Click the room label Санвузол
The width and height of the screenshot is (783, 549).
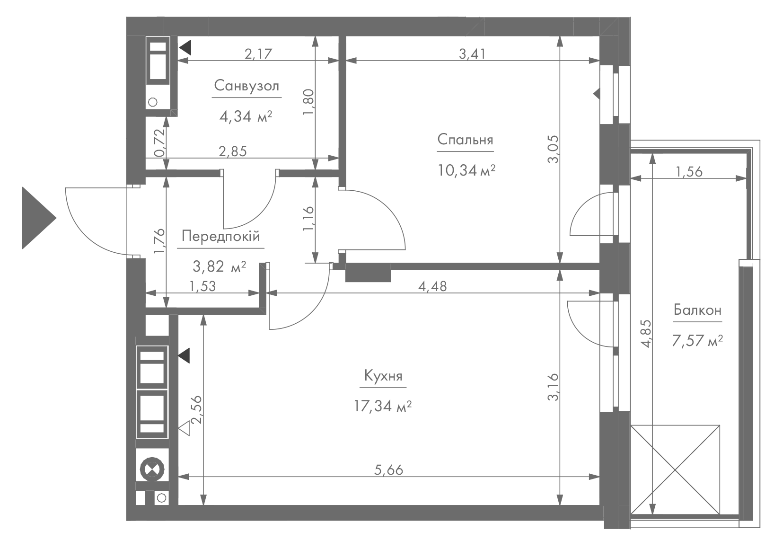[246, 86]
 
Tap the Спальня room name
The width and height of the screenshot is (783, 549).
[465, 140]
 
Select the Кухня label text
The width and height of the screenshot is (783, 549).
[383, 376]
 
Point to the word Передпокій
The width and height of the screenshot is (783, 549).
[221, 236]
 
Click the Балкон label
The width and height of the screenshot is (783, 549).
[698, 310]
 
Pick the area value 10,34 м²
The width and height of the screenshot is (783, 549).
[466, 170]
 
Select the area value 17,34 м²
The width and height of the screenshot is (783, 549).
[383, 407]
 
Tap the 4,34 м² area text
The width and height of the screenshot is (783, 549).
[246, 116]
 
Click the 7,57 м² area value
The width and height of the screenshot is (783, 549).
[697, 341]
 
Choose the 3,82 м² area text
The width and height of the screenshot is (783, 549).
[220, 267]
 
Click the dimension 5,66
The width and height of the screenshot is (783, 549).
[389, 470]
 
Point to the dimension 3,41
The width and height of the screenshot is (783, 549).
[473, 54]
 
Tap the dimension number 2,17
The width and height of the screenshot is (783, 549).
[258, 54]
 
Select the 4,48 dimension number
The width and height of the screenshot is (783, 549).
[432, 286]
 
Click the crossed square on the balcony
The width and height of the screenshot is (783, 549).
[675, 469]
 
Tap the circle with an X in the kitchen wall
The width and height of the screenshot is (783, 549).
[152, 469]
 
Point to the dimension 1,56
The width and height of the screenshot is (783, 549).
[689, 172]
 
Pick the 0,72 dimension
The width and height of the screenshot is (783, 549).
[159, 142]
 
